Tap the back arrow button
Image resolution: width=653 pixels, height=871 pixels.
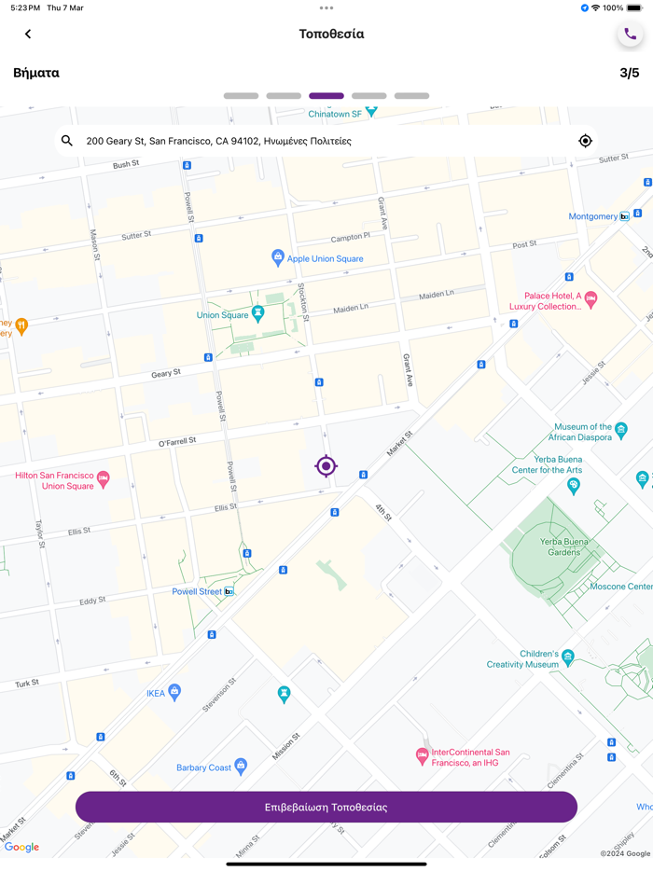[x=28, y=35]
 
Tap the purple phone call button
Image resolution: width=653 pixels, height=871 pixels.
[x=630, y=35]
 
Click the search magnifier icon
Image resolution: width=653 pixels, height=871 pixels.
[x=67, y=141]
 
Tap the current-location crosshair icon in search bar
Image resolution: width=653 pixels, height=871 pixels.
[x=585, y=141]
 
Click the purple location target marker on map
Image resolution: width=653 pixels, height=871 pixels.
[x=326, y=465]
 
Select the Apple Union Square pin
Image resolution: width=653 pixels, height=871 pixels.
[x=277, y=257]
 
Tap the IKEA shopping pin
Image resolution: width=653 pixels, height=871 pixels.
[x=174, y=692]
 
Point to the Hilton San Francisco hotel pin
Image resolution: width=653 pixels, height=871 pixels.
[x=104, y=479]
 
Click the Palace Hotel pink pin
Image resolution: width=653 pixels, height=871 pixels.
[x=590, y=299]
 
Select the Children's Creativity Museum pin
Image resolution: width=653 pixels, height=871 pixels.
[x=567, y=658]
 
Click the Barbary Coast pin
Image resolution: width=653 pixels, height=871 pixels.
[x=241, y=767]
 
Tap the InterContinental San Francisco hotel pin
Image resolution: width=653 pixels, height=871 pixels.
[x=422, y=755]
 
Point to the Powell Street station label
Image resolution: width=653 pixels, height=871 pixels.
[x=198, y=591]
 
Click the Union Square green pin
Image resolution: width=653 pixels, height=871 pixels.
[x=258, y=315]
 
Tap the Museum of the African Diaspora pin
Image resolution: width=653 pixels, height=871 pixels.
[x=621, y=430]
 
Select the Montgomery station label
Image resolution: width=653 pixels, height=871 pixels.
[x=593, y=216]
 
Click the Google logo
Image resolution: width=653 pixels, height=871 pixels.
[x=21, y=847]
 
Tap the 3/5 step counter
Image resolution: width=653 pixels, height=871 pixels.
[x=629, y=73]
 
